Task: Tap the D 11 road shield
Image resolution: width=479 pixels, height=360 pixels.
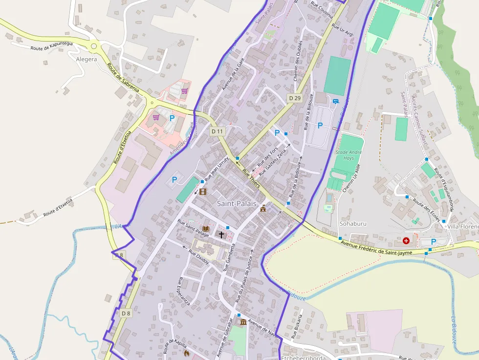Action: pos(217,131)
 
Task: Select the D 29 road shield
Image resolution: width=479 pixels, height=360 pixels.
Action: pos(294,98)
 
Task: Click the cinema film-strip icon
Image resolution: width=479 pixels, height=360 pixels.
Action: pos(203,191)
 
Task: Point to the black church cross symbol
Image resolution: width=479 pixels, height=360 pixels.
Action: pos(221,235)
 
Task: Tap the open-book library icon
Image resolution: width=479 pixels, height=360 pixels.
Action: pos(206,229)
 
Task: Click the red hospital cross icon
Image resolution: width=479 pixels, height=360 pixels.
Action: pos(406,240)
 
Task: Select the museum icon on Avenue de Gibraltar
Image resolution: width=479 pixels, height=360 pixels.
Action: pos(243,322)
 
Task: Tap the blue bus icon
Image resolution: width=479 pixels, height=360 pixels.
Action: pos(335,102)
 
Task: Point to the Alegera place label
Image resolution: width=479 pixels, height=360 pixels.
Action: pos(87,59)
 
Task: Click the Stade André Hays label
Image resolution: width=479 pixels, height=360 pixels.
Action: pos(348,155)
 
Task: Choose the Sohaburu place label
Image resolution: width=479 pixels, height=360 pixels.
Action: pos(353,224)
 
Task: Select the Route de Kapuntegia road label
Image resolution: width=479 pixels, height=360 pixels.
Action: pos(51,46)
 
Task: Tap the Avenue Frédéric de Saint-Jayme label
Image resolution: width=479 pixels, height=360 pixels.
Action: pos(377,248)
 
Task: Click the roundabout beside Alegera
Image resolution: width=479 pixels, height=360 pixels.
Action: pos(94,46)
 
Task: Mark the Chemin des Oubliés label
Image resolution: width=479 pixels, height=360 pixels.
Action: pos(298,61)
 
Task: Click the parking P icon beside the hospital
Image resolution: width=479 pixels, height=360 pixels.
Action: pos(434,242)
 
